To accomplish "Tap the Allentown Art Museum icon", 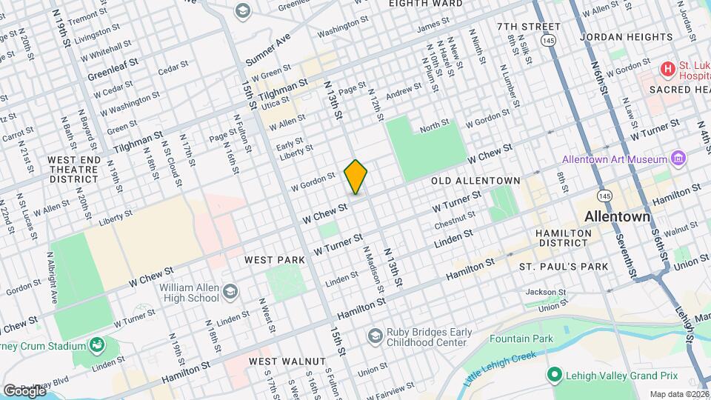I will [677, 159].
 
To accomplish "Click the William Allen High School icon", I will [230, 292].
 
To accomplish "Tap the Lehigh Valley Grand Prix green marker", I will [553, 375].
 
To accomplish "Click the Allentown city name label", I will [617, 218].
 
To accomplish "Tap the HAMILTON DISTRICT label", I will [564, 239].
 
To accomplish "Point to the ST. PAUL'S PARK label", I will [563, 266].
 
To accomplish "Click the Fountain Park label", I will [521, 339].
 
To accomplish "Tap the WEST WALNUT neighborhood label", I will [287, 361].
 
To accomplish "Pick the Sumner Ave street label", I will [271, 47].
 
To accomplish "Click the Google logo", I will [24, 390].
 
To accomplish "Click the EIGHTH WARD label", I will [426, 3].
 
